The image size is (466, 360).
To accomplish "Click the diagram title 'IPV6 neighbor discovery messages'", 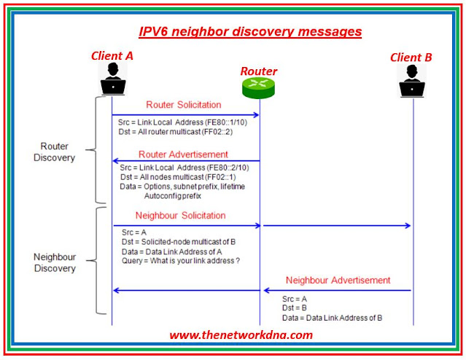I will (251, 31).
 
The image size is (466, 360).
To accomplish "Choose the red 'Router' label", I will (260, 71).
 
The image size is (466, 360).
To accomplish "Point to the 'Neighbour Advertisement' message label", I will (338, 280).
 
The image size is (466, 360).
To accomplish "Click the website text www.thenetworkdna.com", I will (241, 335).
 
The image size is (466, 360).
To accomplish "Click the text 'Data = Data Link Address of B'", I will (333, 318).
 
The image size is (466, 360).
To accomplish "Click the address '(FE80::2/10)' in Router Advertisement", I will (233, 168).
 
